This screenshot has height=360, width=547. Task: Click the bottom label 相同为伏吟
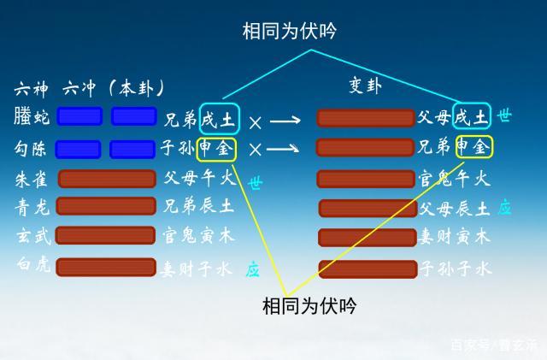[x=309, y=305]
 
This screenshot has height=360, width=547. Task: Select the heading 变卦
[x=366, y=86]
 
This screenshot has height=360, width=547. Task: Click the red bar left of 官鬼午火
[x=366, y=179]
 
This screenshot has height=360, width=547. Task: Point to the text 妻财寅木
[x=454, y=237]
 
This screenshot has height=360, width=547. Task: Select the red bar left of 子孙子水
[x=367, y=269]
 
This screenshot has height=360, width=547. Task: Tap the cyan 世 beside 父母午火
[x=255, y=183]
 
